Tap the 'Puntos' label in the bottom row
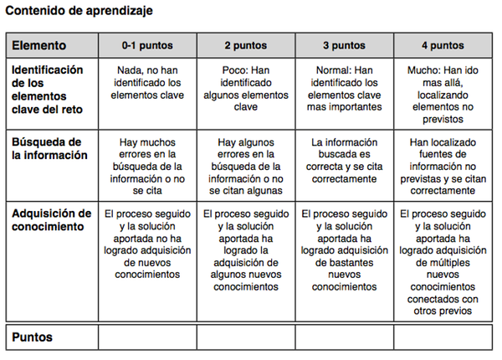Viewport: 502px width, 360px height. click(x=33, y=337)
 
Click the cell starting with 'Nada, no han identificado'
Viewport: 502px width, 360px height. click(x=146, y=89)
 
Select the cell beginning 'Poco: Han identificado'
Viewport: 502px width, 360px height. click(x=245, y=89)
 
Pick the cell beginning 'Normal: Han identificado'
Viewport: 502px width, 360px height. click(x=344, y=89)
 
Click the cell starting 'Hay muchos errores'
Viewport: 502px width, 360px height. click(x=146, y=166)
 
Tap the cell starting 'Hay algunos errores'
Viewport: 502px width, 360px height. click(x=245, y=166)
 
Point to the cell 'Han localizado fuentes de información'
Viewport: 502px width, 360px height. click(x=443, y=166)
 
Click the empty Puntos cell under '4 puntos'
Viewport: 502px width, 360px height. click(x=443, y=337)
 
